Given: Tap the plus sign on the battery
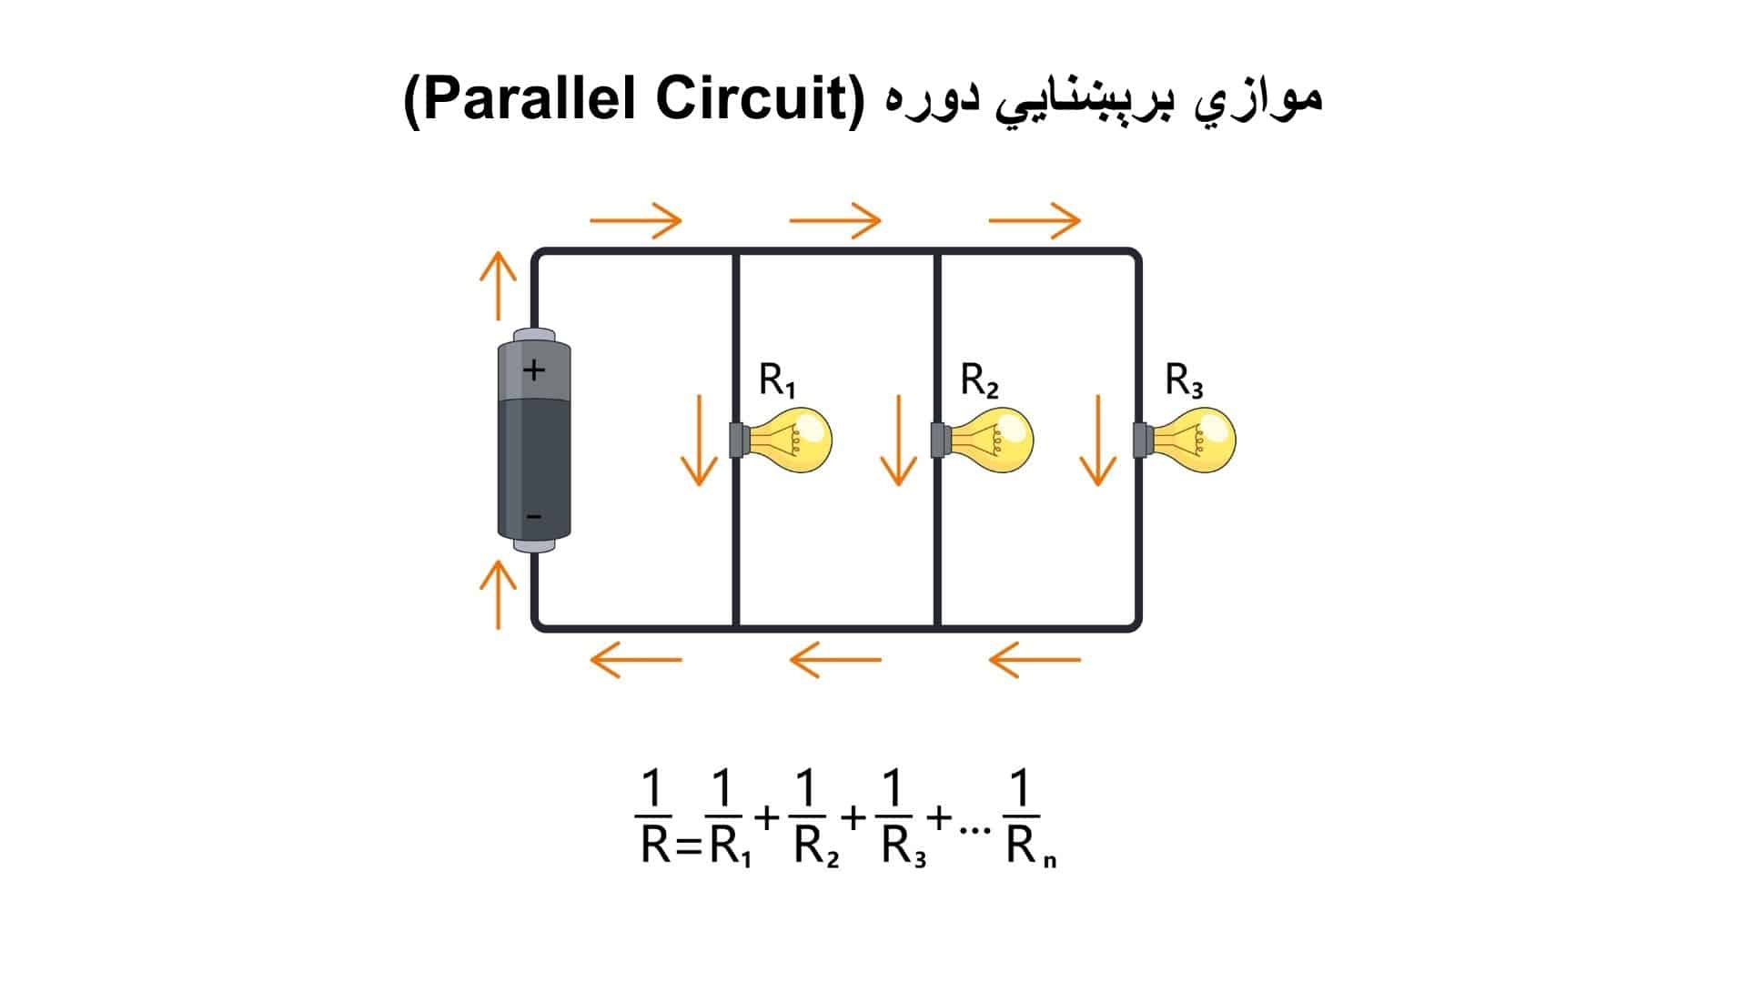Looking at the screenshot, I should (x=534, y=370).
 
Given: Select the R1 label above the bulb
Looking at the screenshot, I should (x=777, y=380).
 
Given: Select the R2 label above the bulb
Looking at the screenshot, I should (x=979, y=380).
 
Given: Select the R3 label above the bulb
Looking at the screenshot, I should (x=1184, y=380).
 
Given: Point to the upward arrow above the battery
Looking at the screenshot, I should (x=498, y=286).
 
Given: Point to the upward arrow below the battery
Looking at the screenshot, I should (x=498, y=593).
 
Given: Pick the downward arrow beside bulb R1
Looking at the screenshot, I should (x=699, y=440).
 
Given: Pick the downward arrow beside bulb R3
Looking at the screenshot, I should (x=1097, y=440).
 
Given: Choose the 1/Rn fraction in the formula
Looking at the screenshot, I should (x=1024, y=816).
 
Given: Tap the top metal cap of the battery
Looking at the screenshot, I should (x=534, y=335).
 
